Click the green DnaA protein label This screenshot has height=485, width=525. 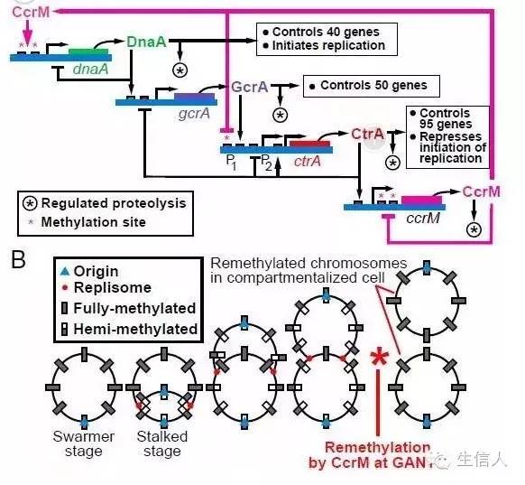[146, 42]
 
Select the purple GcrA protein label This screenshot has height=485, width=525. [250, 87]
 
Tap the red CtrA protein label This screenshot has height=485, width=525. [368, 135]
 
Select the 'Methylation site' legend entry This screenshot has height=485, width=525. [97, 222]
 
